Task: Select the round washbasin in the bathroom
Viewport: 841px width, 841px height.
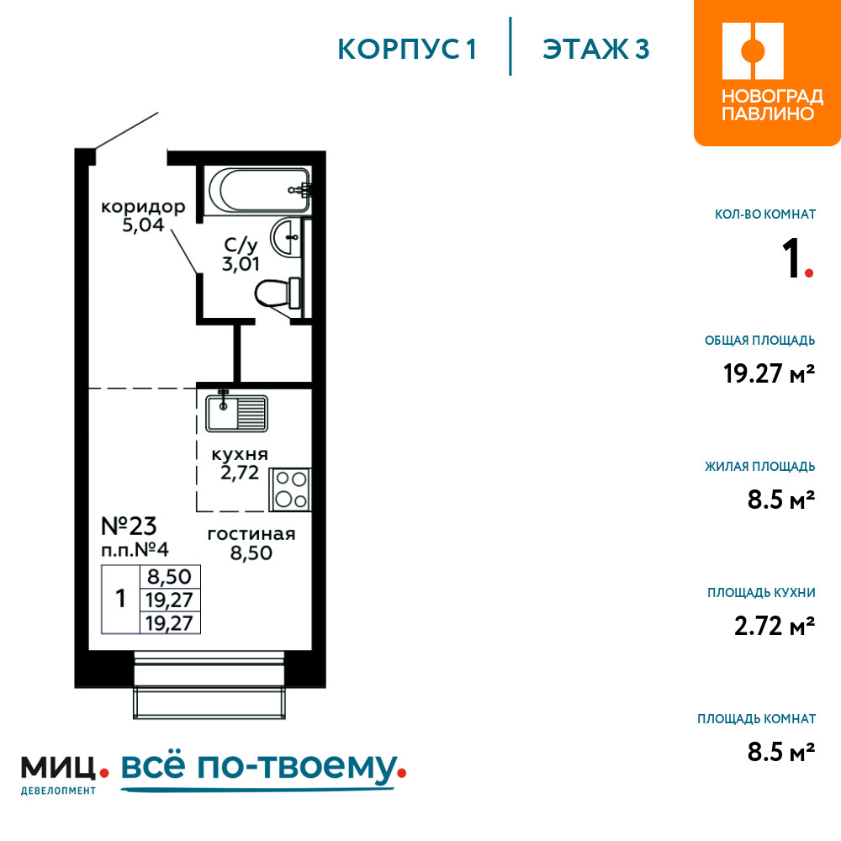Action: tap(286, 237)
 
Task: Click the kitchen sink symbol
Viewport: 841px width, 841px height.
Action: tap(236, 411)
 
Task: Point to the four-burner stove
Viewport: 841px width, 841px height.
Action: tap(291, 489)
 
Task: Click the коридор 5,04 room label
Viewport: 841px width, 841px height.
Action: tap(143, 215)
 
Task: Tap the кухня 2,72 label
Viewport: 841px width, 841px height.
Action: tap(240, 463)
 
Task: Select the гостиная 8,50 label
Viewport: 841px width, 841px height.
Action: tap(251, 543)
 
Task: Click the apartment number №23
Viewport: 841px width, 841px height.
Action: tap(129, 526)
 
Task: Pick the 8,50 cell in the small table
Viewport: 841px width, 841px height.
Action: tap(170, 577)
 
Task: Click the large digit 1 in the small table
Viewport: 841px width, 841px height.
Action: tap(120, 599)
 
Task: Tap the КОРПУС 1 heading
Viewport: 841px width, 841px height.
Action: tap(407, 50)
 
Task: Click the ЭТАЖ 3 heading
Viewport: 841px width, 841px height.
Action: tap(596, 50)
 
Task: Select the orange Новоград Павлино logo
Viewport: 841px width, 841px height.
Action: tap(767, 72)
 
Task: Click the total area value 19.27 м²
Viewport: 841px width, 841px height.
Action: tap(770, 373)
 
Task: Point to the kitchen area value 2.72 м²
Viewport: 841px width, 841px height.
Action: tap(775, 626)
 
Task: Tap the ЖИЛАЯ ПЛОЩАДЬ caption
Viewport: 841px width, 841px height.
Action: tap(760, 466)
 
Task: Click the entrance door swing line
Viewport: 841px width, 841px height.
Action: tap(127, 130)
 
